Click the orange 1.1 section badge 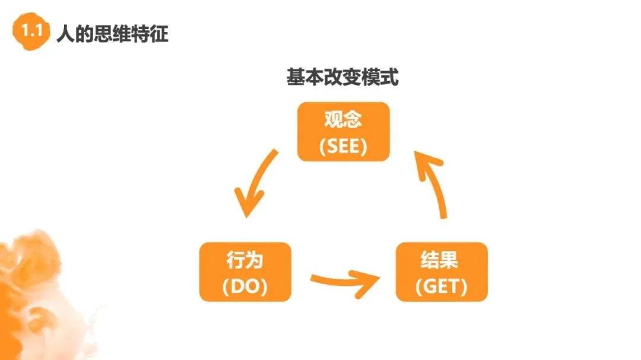(30, 33)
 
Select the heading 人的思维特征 (112, 34)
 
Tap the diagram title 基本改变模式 (342, 78)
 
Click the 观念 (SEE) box (343, 132)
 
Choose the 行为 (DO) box (246, 272)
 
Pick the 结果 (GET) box (441, 272)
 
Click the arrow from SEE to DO (255, 184)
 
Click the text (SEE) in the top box (343, 146)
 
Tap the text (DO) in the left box (246, 286)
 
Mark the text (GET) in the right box (441, 286)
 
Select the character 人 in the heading (64, 34)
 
